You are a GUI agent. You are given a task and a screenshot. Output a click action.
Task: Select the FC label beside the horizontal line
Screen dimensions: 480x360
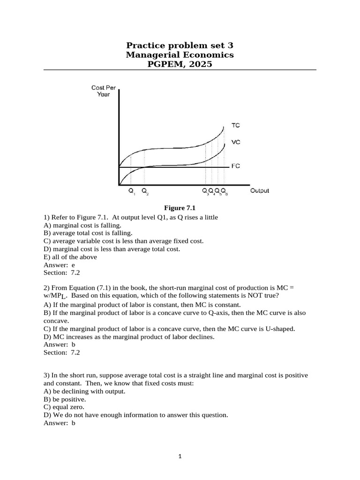[236, 166]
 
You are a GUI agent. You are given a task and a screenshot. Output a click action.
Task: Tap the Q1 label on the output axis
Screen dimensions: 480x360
[131, 191]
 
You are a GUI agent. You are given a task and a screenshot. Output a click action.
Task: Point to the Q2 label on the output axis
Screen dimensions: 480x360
[145, 191]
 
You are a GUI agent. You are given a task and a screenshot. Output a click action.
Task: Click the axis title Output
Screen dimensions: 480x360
[260, 191]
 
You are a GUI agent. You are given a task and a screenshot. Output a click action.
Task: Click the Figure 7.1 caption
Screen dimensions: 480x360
[179, 208]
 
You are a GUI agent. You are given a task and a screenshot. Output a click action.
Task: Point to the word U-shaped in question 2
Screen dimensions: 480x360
[280, 329]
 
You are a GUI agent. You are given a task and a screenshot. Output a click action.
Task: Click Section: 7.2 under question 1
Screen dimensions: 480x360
[62, 273]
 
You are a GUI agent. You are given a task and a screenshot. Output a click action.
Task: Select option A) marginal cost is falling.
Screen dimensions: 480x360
[82, 225]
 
